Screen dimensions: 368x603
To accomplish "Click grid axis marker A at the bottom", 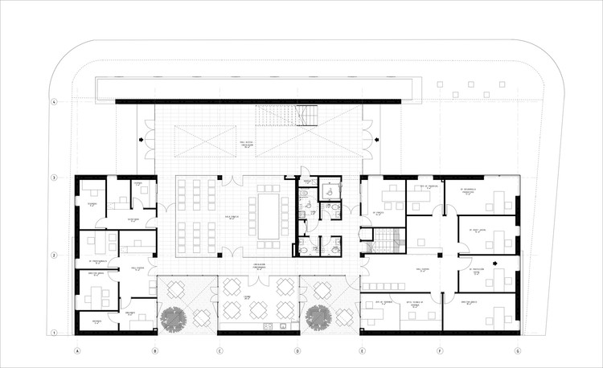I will tap(78, 350).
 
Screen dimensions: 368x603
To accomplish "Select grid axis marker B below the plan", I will tap(155, 350).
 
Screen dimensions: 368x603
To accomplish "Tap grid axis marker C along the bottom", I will tap(218, 350).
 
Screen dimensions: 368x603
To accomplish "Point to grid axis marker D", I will tap(297, 350).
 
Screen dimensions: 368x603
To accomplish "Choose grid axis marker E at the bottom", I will tap(361, 350).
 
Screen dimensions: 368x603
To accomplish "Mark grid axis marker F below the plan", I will tap(440, 350).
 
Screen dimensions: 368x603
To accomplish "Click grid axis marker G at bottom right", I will tap(518, 350).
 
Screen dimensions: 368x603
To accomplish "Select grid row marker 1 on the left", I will tap(54, 333).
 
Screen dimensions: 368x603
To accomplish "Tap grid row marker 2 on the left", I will tap(54, 255).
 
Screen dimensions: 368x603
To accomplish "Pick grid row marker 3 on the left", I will tap(54, 177).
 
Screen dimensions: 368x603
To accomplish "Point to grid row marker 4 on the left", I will tap(54, 102).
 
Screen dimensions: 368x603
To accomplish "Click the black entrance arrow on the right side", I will tap(376, 141).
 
